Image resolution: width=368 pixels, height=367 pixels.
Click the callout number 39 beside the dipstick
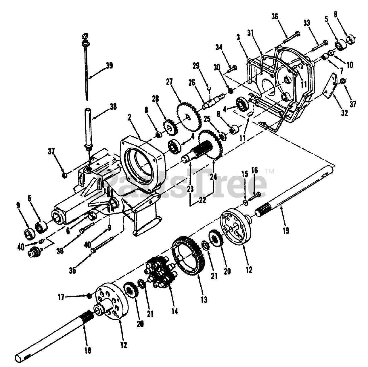[109, 66]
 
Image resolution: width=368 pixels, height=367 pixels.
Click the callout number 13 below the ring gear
[204, 300]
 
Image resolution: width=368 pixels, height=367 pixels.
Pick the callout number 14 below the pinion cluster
[175, 311]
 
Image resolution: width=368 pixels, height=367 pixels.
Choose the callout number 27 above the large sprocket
[169, 82]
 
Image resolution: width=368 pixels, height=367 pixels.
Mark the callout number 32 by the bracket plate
[344, 113]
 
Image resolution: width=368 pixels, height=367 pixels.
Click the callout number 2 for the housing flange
[130, 117]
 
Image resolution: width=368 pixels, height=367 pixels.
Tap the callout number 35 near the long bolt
[72, 270]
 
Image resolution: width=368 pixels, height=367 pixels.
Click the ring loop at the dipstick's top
[85, 36]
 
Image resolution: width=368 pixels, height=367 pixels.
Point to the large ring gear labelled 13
[188, 256]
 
